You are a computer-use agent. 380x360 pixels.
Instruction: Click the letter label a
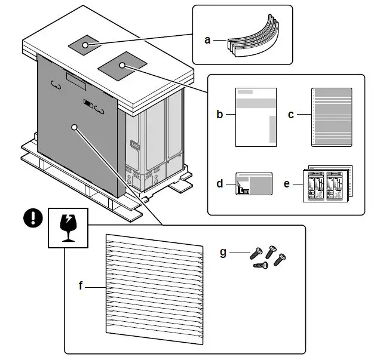[x=207, y=40]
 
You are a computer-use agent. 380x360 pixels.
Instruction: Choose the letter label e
[x=287, y=183]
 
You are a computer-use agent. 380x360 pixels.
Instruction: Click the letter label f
[x=81, y=286]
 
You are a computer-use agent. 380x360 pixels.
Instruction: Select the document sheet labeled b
[x=256, y=116]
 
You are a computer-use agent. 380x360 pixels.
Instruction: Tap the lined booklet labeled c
[x=332, y=116]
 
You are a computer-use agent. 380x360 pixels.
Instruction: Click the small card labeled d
[x=255, y=183]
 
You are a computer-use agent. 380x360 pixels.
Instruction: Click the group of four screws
[x=268, y=256]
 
